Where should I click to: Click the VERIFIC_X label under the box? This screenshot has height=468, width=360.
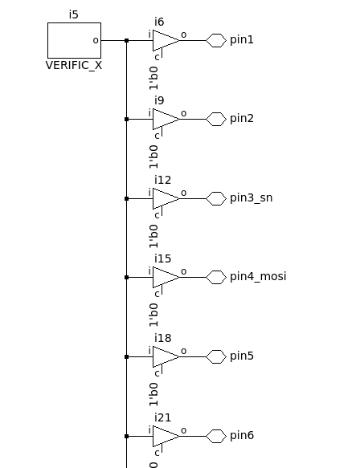coord(74,65)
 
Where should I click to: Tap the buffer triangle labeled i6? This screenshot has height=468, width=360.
coord(166,40)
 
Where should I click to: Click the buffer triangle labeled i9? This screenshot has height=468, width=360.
coord(166,119)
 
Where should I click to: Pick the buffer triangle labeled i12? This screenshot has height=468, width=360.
coord(166,198)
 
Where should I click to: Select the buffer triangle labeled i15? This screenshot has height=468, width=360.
coord(166,277)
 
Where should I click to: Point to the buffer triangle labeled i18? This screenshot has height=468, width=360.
coord(166,356)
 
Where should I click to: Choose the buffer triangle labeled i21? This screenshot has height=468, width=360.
coord(166,436)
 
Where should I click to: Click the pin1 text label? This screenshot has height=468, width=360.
coord(242,39)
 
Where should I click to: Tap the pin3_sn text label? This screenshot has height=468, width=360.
coord(252,198)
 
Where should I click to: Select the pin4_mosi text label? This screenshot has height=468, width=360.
coord(258,277)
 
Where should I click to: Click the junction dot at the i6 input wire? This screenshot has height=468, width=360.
coord(127,40)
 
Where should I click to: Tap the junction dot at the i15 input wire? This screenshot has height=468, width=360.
coord(127,277)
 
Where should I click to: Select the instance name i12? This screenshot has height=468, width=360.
coord(163,180)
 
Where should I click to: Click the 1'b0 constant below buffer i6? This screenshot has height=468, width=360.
coord(153,78)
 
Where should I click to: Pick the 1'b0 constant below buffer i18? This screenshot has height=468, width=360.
coord(153,394)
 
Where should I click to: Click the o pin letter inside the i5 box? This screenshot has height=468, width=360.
coord(96,40)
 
